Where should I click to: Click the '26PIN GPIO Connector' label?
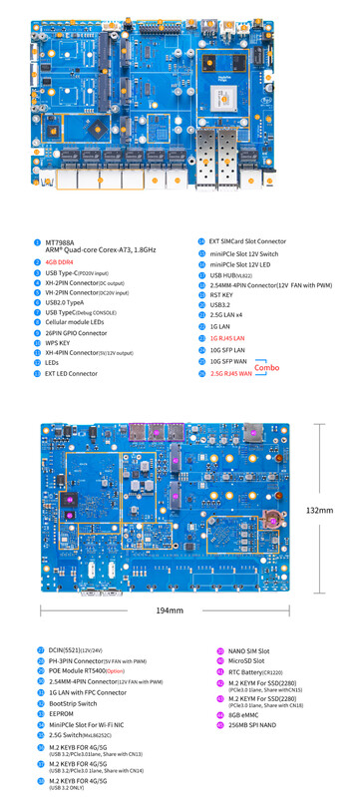76,332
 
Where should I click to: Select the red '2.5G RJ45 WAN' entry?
231,373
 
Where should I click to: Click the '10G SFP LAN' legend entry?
228,350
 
